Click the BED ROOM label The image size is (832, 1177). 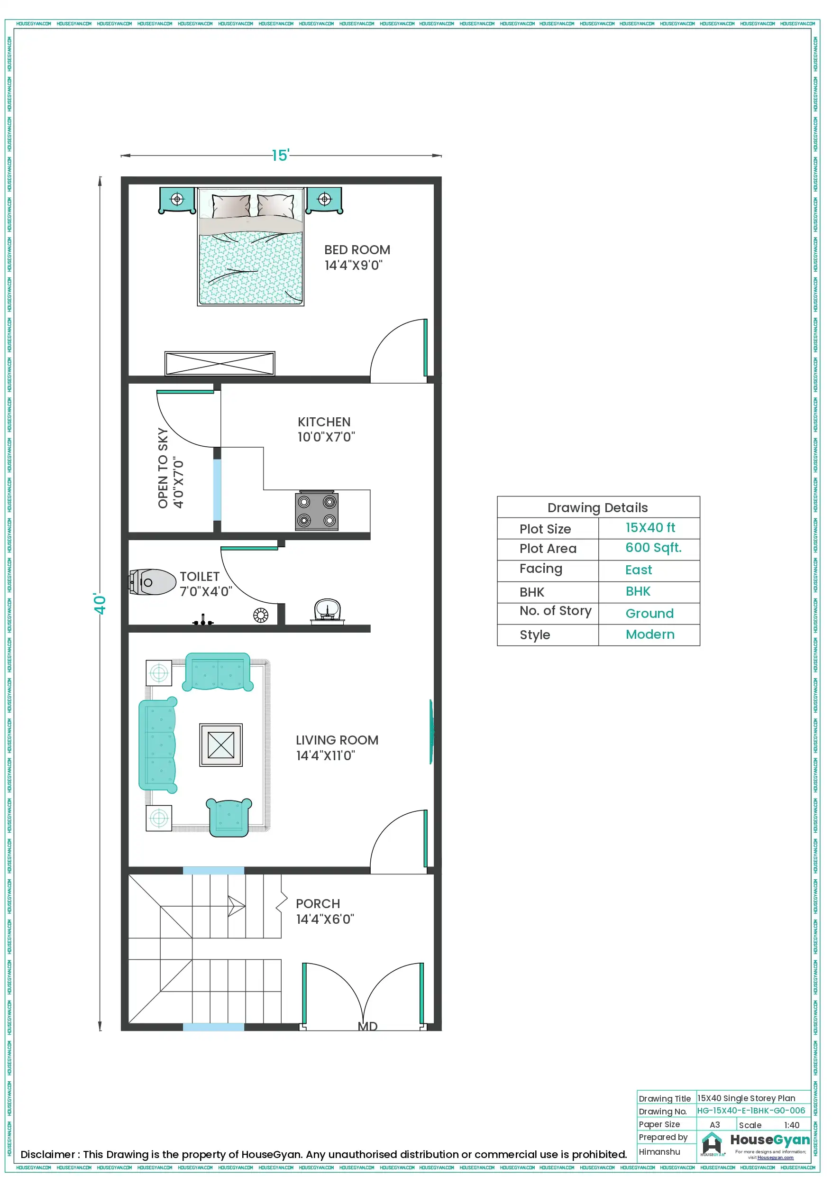pos(357,250)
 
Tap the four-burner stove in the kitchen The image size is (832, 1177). pos(316,511)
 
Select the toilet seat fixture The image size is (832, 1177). pos(152,582)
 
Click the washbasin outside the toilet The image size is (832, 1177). pos(327,610)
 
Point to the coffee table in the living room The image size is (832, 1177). pos(221,745)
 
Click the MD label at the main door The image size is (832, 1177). pos(367,1026)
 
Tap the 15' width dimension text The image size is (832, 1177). pos(280,156)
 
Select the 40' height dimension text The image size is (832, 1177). pos(100,603)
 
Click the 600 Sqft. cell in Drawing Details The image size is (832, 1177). pos(653,548)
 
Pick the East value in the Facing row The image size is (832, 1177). pos(638,570)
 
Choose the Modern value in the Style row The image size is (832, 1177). pos(649,634)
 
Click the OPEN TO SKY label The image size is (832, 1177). pos(163,468)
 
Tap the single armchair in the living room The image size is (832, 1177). pos(229,817)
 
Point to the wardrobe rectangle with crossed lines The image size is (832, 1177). pos(219,363)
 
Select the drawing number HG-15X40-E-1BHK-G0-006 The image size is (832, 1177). pos(750,1110)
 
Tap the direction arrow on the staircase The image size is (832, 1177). pos(236,906)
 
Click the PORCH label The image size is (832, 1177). pos(317,904)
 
